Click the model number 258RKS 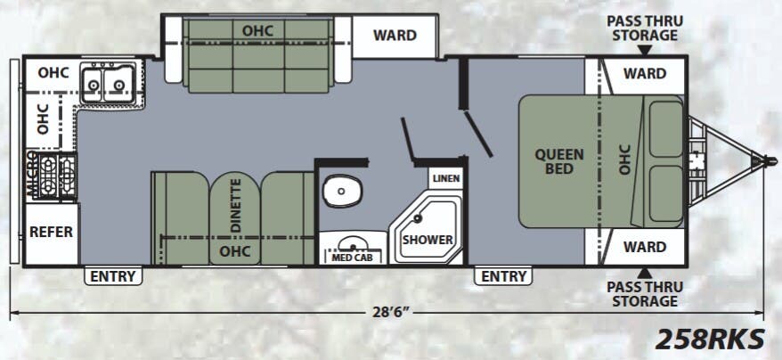point(710,340)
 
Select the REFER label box point(51,232)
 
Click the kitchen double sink point(106,85)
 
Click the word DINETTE point(236,206)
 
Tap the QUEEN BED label point(559,161)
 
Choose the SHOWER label point(428,240)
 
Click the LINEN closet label point(446,179)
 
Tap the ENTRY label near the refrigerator point(113,276)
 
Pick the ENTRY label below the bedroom point(504,276)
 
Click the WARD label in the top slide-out point(395,36)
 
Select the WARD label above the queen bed point(644,74)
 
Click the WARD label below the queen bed point(644,247)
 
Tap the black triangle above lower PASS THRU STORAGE point(643,272)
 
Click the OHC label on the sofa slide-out point(257,29)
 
